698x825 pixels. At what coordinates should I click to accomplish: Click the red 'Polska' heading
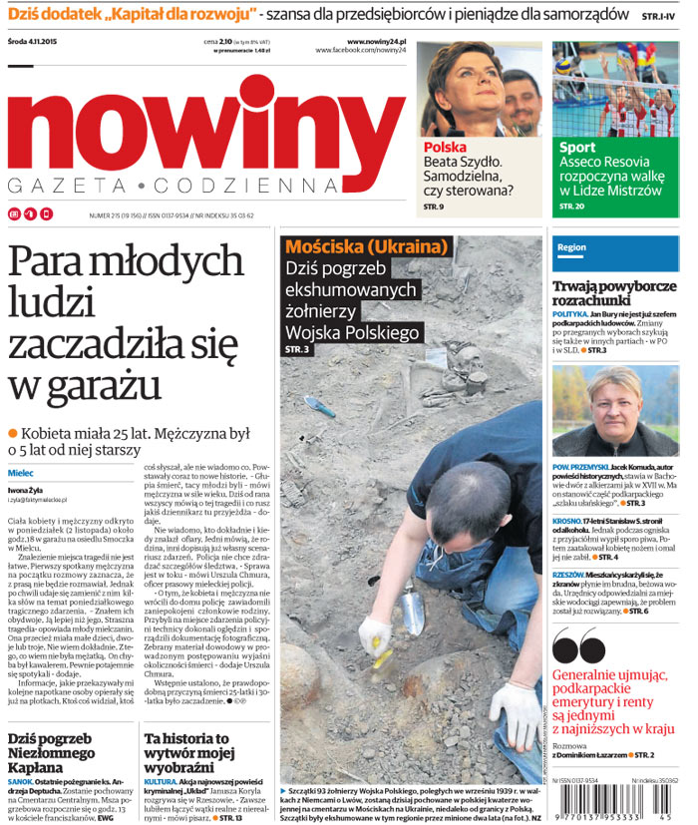pyautogui.click(x=445, y=148)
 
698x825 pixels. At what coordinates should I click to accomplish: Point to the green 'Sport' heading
pyautogui.click(x=577, y=148)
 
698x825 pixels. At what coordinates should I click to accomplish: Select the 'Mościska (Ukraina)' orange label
pyautogui.click(x=364, y=246)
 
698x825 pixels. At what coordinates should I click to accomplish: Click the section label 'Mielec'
pyautogui.click(x=21, y=471)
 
